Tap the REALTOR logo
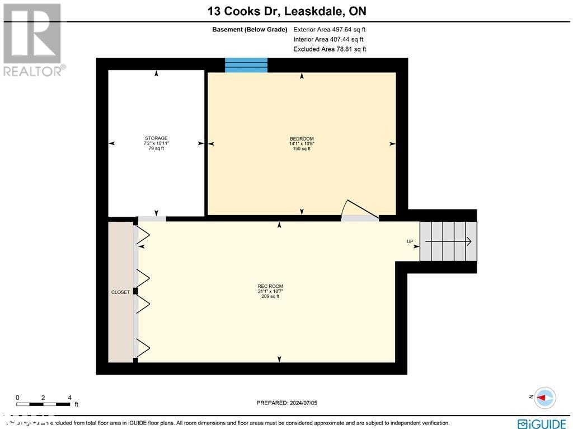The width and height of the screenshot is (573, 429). point(32,40)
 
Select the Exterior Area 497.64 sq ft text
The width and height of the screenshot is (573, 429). point(330,30)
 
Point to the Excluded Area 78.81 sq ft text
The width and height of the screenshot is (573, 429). point(330,49)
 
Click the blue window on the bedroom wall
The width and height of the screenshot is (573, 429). point(246,65)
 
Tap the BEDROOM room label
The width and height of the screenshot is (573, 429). point(302,139)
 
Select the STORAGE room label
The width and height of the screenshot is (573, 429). point(156,138)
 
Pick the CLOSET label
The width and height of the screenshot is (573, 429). point(120,292)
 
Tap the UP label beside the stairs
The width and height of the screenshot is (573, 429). point(410,241)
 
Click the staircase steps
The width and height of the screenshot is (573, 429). point(448,241)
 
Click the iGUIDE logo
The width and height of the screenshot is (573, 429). point(542,423)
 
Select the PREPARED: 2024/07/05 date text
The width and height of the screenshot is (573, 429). point(286,403)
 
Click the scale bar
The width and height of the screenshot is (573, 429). point(44,404)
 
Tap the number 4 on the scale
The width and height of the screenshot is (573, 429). point(69,397)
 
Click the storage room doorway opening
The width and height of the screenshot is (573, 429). point(152,218)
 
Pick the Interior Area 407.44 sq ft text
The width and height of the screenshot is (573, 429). point(328,39)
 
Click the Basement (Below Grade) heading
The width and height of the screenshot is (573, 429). point(249,30)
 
